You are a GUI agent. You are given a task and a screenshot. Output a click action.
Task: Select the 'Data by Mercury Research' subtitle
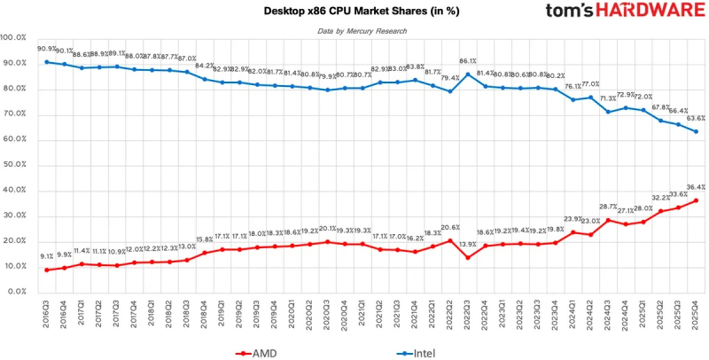pos(362,31)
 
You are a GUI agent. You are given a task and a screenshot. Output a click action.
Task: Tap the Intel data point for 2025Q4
pos(695,131)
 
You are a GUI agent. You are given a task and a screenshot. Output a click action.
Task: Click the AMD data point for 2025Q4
pos(695,200)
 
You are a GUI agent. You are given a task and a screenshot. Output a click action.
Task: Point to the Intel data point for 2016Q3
pos(46,62)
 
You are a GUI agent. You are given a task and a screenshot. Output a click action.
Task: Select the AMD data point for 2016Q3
pos(46,270)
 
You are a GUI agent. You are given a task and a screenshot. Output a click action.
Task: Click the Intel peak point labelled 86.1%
pos(467,74)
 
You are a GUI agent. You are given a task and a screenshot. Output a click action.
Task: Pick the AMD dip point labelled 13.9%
pos(467,257)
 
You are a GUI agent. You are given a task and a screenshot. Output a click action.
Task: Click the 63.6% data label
pos(696,118)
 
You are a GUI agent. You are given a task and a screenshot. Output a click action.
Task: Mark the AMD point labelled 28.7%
pos(608,220)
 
